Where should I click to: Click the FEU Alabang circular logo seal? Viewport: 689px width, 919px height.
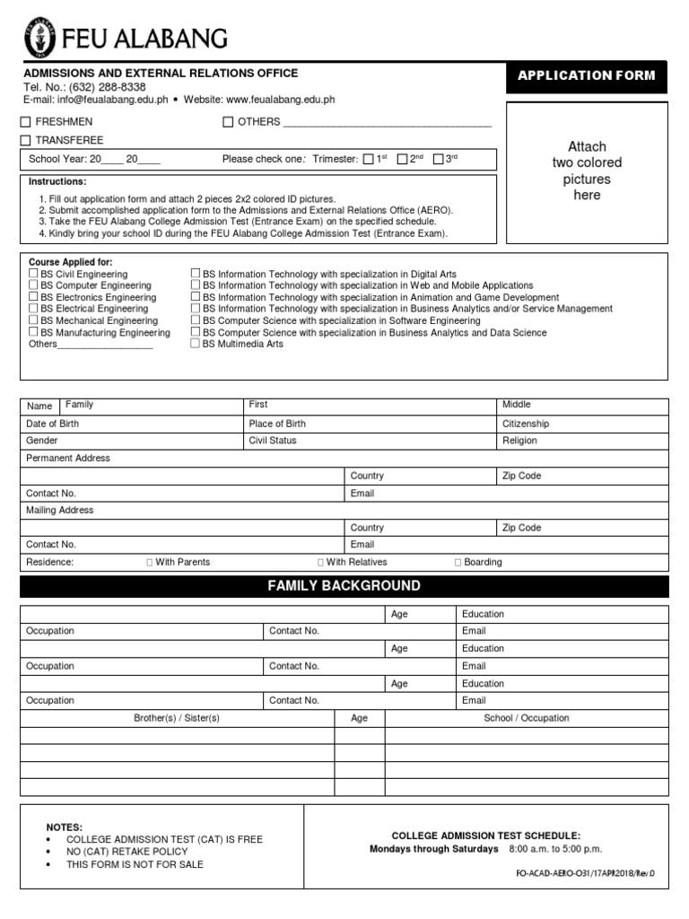pyautogui.click(x=40, y=38)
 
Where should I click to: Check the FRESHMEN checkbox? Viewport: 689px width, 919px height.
pyautogui.click(x=26, y=122)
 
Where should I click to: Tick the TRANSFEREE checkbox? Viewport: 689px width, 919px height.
pyautogui.click(x=26, y=140)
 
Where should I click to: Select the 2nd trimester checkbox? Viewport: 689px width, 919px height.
pyautogui.click(x=402, y=160)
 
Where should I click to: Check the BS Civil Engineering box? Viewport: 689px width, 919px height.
pyautogui.click(x=33, y=274)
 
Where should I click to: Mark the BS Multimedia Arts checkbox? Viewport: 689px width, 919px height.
pyautogui.click(x=195, y=344)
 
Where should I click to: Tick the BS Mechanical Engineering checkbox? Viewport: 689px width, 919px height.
pyautogui.click(x=33, y=320)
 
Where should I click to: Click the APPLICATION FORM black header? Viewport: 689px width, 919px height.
pyautogui.click(x=587, y=75)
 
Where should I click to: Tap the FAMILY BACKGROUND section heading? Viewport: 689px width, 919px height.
pyautogui.click(x=344, y=586)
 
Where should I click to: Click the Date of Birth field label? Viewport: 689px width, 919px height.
pyautogui.click(x=52, y=424)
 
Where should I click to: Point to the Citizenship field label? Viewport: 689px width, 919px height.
pyautogui.click(x=526, y=424)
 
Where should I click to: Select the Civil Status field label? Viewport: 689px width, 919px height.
pyautogui.click(x=273, y=441)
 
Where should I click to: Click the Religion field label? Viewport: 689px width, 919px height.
pyautogui.click(x=520, y=441)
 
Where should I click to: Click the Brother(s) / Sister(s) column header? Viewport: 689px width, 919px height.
pyautogui.click(x=177, y=718)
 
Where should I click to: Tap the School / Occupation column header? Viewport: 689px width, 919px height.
pyautogui.click(x=527, y=718)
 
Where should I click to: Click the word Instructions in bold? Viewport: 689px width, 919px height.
pyautogui.click(x=57, y=181)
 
